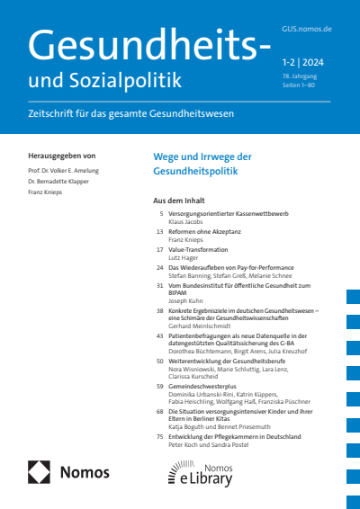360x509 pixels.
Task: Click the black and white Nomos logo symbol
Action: (x=40, y=471)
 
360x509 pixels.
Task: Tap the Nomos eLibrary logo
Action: (x=200, y=471)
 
